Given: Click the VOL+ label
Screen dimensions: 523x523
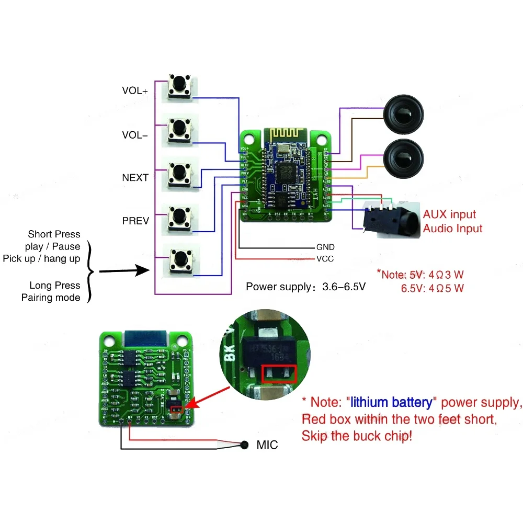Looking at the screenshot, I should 135,90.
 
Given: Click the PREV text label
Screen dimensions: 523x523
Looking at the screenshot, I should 135,221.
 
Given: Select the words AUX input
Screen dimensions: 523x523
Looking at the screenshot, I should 449,214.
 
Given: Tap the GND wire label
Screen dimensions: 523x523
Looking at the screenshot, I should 325,247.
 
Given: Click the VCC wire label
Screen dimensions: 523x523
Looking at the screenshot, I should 325,259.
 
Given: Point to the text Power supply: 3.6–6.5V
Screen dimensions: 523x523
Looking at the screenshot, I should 305,287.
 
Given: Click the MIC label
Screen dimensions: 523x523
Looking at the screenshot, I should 267,446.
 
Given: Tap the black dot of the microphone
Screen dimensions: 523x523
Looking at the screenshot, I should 244,445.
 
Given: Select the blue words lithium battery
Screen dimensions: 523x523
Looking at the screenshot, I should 391,402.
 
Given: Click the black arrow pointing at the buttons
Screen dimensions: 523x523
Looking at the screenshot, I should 123,271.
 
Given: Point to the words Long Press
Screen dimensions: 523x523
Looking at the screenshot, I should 55,286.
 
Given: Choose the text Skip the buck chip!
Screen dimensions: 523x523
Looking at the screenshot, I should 357,436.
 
